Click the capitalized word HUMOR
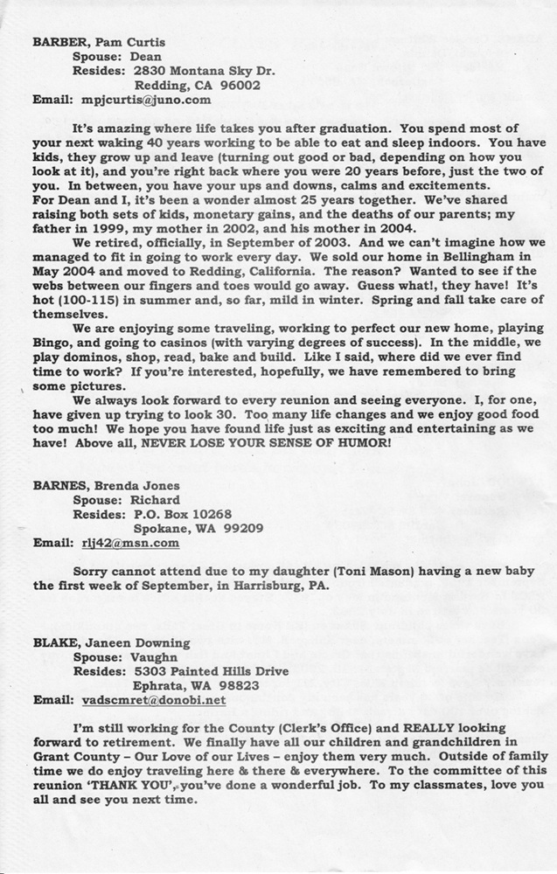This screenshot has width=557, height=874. pyautogui.click(x=359, y=443)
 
